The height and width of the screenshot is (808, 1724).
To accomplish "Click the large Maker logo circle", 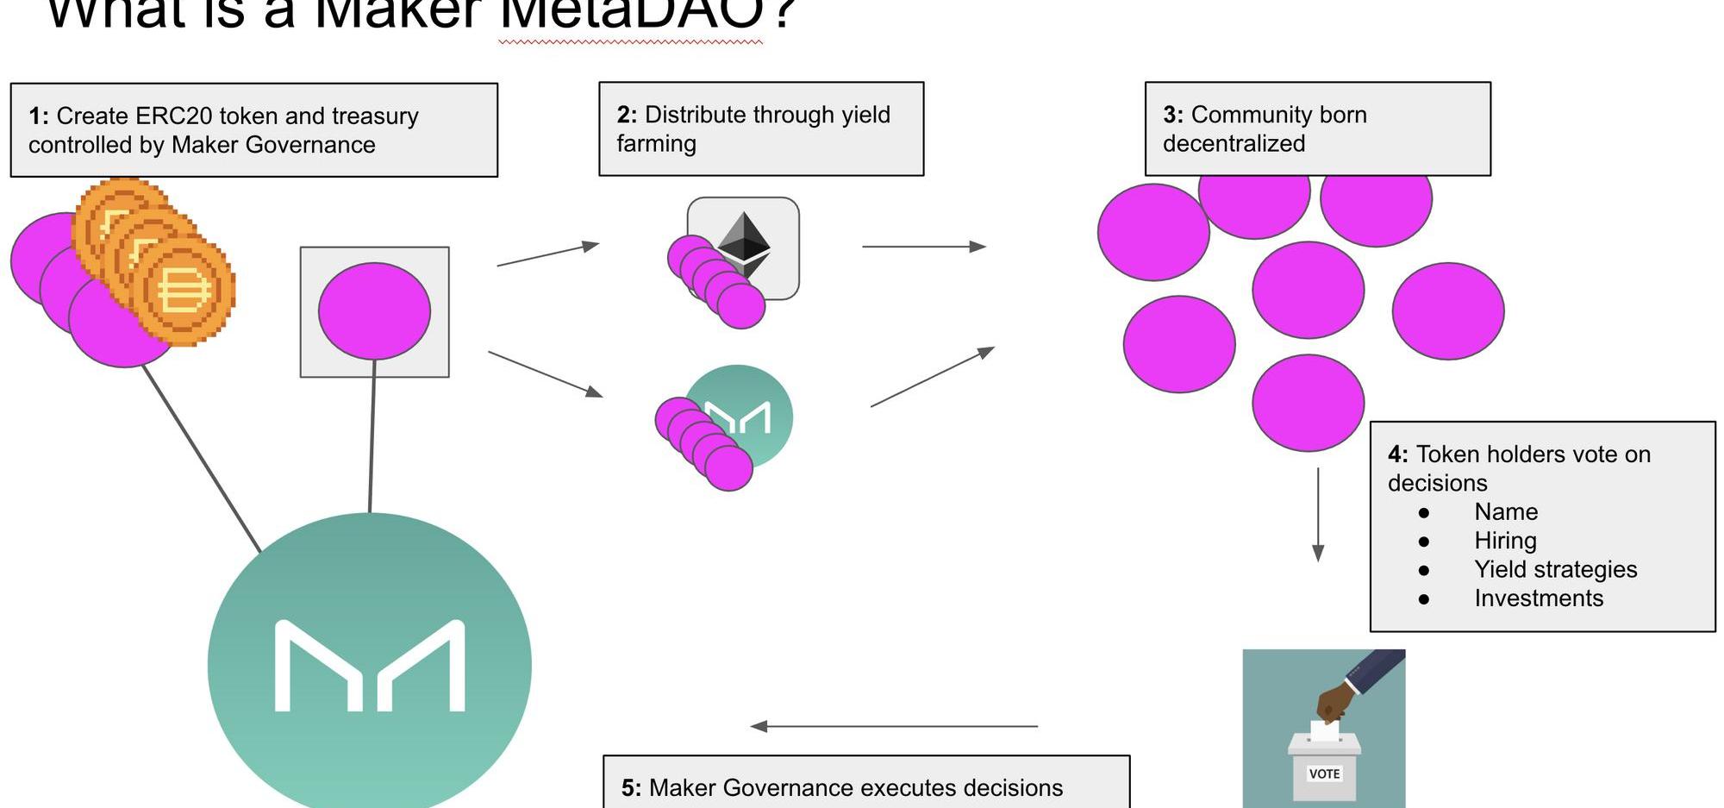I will pyautogui.click(x=369, y=665).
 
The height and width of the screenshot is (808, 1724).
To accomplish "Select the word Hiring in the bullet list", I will pyautogui.click(x=1505, y=541).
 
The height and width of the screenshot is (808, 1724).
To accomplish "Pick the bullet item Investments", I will pyautogui.click(x=1538, y=598).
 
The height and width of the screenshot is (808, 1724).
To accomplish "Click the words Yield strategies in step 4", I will pyautogui.click(x=1555, y=569).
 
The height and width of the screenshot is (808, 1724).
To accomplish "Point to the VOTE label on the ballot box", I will pyautogui.click(x=1324, y=774).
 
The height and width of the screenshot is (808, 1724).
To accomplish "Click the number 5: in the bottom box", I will pyautogui.click(x=631, y=788).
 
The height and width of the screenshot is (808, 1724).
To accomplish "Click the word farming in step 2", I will pyautogui.click(x=656, y=143).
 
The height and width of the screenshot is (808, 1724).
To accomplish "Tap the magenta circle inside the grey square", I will pyautogui.click(x=374, y=311).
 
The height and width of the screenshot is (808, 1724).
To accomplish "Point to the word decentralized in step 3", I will pyautogui.click(x=1234, y=143).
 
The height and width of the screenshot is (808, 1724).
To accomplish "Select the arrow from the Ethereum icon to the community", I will pyautogui.click(x=923, y=247).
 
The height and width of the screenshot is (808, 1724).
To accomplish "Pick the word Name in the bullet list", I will pyautogui.click(x=1505, y=511).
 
